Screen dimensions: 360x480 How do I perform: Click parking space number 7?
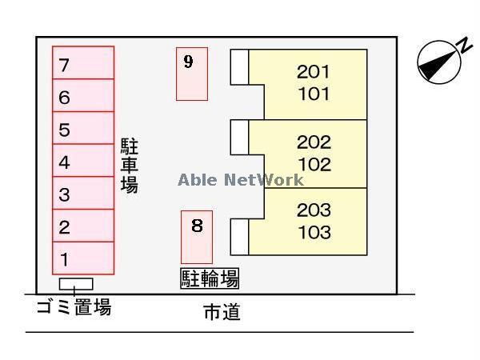click(x=83, y=64)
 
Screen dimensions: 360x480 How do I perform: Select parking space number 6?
click(x=83, y=97)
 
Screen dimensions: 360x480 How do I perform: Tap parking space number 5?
click(x=83, y=129)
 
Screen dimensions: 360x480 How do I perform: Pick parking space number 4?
click(x=83, y=162)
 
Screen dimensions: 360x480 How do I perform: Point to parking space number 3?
click(x=83, y=194)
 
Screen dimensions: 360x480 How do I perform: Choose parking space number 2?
click(x=83, y=226)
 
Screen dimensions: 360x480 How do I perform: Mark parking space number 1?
click(x=83, y=258)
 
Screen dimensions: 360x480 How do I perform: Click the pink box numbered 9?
click(x=192, y=74)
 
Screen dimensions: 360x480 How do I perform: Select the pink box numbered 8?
click(x=197, y=237)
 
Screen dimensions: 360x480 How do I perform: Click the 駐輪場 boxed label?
click(x=209, y=278)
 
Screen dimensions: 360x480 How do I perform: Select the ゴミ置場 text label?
click(x=74, y=306)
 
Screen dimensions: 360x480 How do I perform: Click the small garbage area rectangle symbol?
click(x=76, y=284)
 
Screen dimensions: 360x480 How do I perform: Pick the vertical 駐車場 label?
click(x=130, y=165)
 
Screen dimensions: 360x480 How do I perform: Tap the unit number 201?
click(x=313, y=72)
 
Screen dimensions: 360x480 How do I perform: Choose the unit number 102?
click(x=313, y=165)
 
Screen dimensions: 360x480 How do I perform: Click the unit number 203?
click(x=313, y=210)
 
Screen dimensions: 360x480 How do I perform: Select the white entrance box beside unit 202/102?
click(x=239, y=137)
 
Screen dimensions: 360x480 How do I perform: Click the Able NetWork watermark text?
click(x=241, y=179)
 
